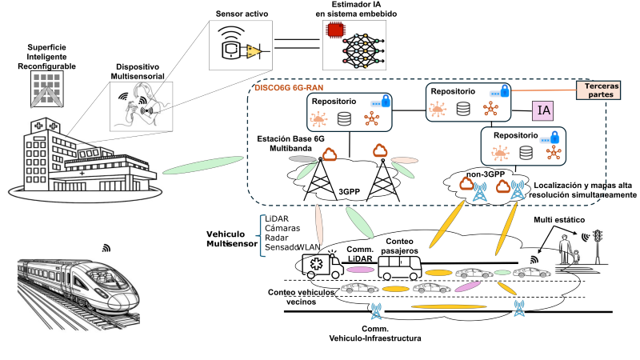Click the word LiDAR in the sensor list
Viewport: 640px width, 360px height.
pyautogui.click(x=277, y=219)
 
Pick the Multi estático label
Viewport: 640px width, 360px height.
pyautogui.click(x=559, y=218)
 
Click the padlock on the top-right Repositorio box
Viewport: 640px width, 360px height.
pyautogui.click(x=504, y=90)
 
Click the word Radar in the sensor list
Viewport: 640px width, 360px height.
pyautogui.click(x=277, y=238)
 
